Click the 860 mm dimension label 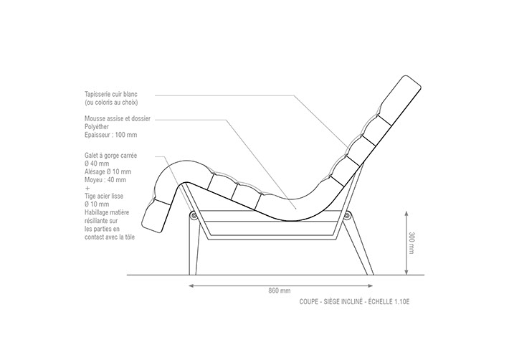tap(279, 290)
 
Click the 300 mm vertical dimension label tap(412, 243)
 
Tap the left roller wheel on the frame tap(194, 215)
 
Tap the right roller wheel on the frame tap(348, 215)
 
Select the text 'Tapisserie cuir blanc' tap(111, 94)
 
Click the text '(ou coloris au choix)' tap(111, 103)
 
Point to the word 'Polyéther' tap(97, 127)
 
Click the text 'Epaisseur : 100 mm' tap(110, 135)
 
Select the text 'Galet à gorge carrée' tap(110, 156)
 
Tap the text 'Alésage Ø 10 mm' tap(108, 171)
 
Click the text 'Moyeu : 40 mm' tap(105, 180)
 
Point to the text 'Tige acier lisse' tap(104, 196)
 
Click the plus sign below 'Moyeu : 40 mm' tap(87, 189)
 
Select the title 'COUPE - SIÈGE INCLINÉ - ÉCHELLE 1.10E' tap(354, 302)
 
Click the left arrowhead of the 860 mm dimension tap(191, 285)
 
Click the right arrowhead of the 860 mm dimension tap(370, 285)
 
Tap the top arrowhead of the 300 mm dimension tap(406, 214)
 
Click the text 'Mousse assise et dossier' tap(118, 118)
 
